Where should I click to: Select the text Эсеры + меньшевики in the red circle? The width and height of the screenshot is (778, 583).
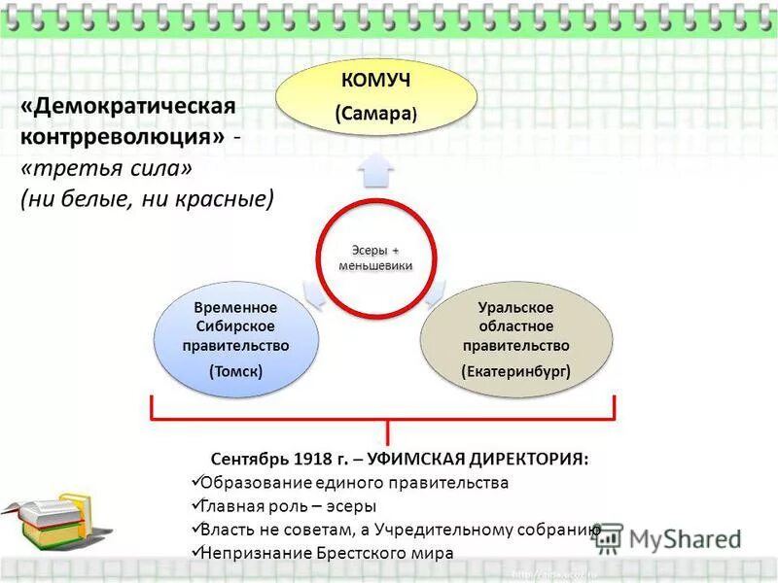[x=375, y=259]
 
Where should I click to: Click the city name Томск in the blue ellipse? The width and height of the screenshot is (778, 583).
[x=236, y=370]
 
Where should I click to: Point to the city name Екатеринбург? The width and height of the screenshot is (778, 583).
[x=515, y=370]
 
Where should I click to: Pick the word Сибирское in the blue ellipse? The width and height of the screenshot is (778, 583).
[x=236, y=326]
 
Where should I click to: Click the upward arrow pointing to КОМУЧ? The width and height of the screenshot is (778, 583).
[x=374, y=171]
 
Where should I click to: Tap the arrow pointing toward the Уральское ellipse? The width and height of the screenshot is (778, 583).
[x=435, y=292]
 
